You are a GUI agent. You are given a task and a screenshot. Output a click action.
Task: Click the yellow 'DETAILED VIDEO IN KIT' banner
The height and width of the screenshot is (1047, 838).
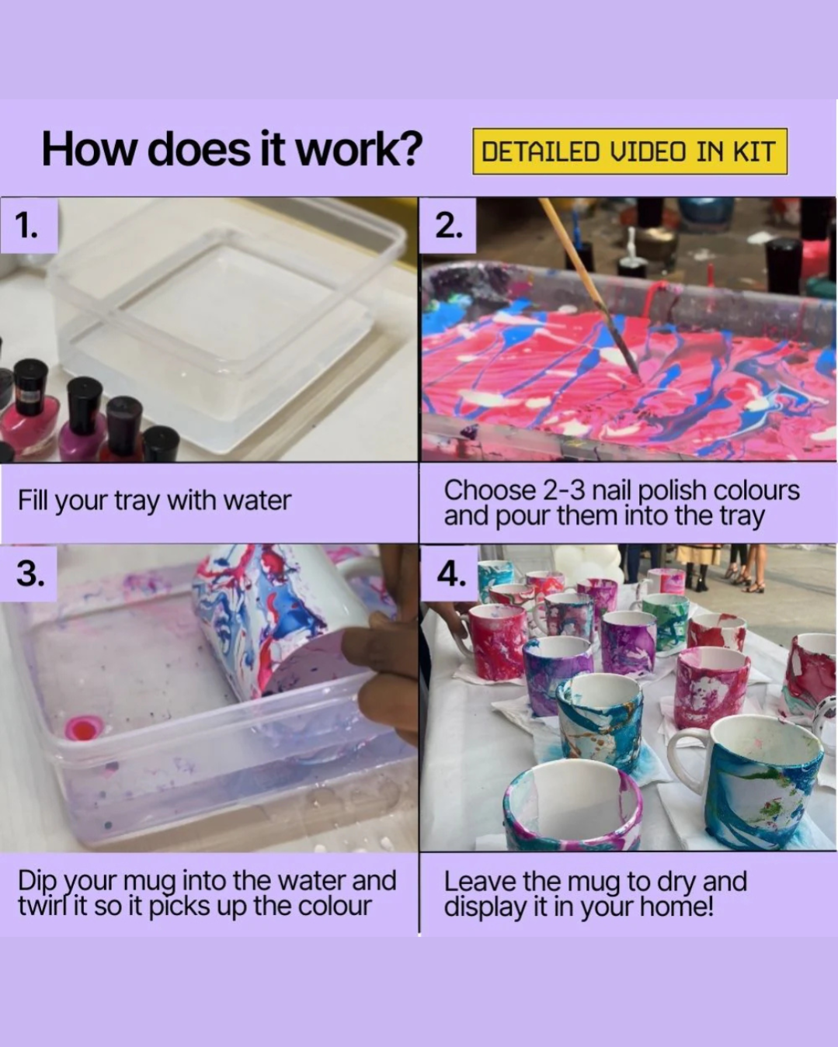click(630, 151)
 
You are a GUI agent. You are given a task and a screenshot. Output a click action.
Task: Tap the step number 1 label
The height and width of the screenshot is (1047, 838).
click(26, 226)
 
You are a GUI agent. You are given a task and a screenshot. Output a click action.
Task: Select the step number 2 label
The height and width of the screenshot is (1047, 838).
click(448, 226)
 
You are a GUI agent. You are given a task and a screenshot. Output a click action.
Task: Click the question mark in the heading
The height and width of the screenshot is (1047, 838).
click(405, 149)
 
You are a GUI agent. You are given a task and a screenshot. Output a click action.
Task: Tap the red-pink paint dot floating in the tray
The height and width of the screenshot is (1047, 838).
click(84, 728)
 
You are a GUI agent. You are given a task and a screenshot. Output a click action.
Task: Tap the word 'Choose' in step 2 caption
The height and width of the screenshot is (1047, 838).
click(489, 490)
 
